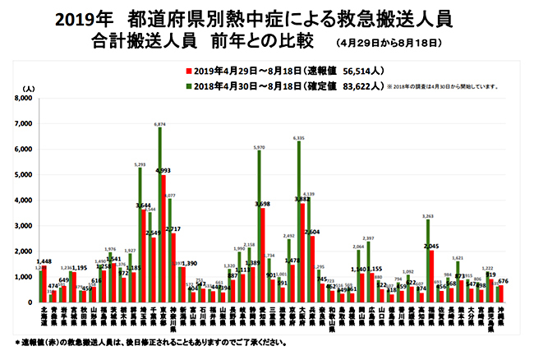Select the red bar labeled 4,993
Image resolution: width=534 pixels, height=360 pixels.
(x=163, y=238)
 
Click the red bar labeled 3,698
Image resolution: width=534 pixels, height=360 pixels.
(x=263, y=255)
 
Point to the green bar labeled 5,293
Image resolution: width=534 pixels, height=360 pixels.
(x=140, y=235)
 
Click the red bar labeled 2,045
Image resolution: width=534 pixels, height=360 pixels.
(x=431, y=276)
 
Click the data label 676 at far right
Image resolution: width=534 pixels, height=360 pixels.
(x=503, y=281)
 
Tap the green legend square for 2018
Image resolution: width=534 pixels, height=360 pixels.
(x=189, y=84)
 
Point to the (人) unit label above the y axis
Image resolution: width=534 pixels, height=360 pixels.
(x=29, y=87)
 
